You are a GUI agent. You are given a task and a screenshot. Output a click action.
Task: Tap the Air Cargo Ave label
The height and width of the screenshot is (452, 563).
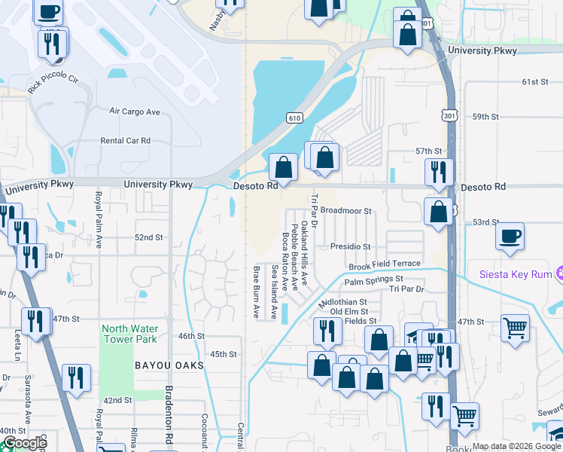tap(135, 111)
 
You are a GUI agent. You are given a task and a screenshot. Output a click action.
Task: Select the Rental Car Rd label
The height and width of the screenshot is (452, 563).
tap(126, 141)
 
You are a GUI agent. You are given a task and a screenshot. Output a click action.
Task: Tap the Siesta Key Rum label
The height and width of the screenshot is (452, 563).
tap(515, 273)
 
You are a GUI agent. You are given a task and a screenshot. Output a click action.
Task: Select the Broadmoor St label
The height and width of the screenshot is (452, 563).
tap(346, 212)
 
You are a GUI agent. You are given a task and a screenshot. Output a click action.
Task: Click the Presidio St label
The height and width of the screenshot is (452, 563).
tap(351, 246)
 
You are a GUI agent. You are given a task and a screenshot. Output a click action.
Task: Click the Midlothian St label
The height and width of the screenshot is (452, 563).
tap(342, 302)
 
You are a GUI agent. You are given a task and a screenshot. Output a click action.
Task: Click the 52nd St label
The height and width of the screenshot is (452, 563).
tap(149, 237)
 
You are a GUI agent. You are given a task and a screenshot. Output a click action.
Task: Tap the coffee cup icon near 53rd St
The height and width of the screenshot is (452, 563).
tap(510, 237)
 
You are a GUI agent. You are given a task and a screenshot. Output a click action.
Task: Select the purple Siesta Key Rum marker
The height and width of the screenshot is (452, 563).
tap(558, 273)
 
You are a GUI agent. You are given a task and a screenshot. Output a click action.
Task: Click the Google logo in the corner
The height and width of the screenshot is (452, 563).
tap(24, 443)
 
